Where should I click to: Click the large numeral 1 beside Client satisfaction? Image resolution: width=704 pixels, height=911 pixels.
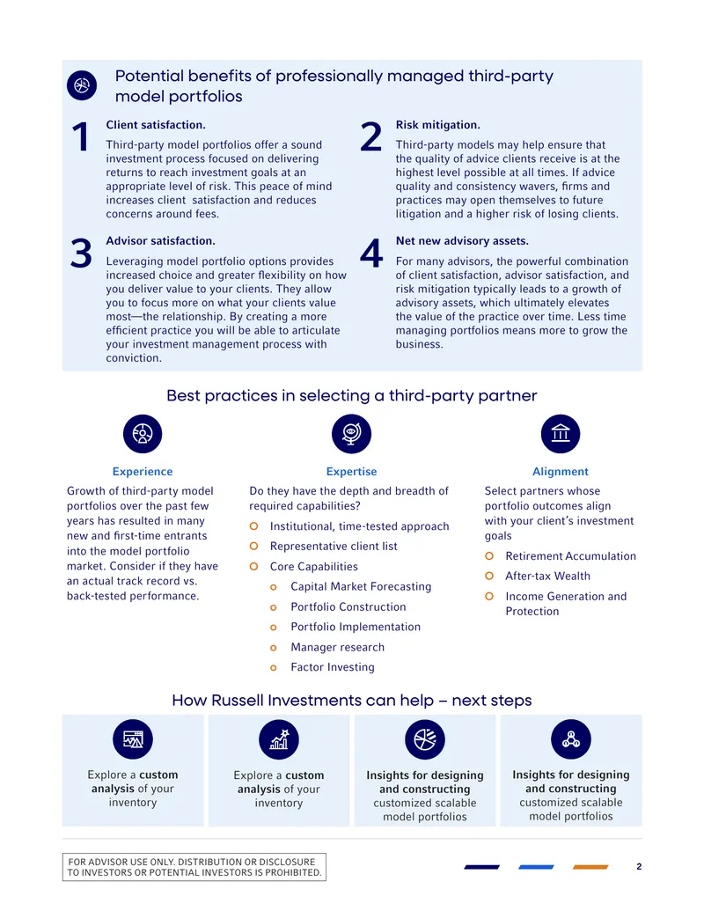click(81, 137)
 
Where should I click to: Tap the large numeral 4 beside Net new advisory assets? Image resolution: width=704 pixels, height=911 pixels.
click(371, 253)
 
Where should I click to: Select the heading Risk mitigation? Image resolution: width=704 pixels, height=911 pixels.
click(438, 125)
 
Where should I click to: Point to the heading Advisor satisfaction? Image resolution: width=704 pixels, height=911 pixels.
click(160, 240)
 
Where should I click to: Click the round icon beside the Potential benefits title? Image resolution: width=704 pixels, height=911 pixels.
click(82, 85)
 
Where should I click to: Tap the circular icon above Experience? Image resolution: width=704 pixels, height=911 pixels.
click(143, 434)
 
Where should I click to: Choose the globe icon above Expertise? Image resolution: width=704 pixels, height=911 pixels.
click(351, 434)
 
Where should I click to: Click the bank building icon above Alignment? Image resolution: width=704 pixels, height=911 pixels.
click(561, 434)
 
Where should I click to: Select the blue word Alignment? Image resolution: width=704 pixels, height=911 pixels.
click(561, 472)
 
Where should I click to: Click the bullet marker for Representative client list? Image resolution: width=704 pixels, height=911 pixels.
click(253, 546)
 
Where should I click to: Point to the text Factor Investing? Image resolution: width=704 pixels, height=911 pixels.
click(333, 667)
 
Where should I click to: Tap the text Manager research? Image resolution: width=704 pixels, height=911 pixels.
click(337, 647)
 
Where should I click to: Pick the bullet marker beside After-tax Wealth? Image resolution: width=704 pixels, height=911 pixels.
click(489, 576)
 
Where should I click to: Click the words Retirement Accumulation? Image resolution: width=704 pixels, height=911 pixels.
click(570, 556)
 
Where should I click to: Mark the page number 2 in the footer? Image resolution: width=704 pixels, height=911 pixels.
click(639, 866)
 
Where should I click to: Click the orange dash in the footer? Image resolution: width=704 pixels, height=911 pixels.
click(590, 867)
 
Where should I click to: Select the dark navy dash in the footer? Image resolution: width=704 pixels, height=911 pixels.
click(481, 867)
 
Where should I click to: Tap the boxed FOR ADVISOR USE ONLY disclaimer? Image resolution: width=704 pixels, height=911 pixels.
click(194, 867)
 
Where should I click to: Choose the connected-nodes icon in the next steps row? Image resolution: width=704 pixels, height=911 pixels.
click(571, 739)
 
